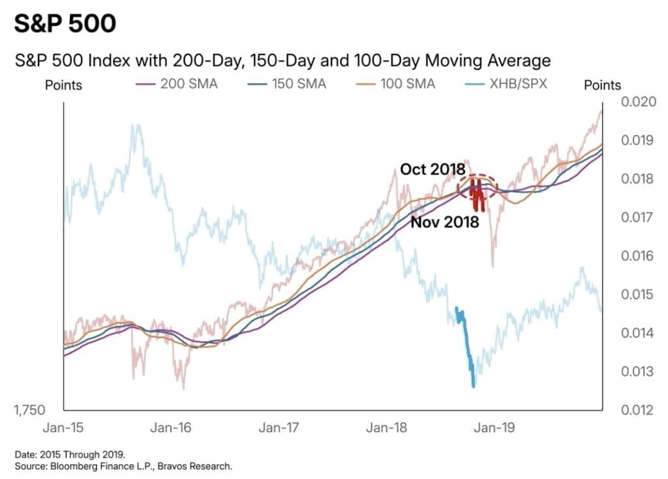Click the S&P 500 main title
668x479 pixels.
[65, 23]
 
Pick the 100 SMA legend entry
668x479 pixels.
[403, 84]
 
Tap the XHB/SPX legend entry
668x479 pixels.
[519, 84]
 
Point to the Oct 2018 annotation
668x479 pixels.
[432, 169]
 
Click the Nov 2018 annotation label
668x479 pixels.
[445, 222]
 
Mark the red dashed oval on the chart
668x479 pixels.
[477, 186]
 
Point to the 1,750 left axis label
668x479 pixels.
[29, 410]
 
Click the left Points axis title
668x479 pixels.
[63, 85]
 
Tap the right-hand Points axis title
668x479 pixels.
[602, 85]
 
